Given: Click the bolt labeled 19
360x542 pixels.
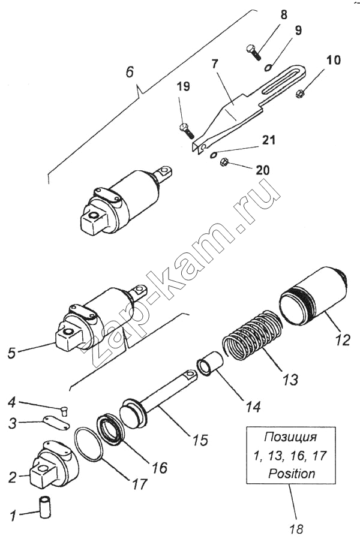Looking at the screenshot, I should (185, 128).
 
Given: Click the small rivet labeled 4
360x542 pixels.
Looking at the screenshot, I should (65, 410).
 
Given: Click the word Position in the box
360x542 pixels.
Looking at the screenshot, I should (292, 473).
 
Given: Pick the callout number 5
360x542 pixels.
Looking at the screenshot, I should (11, 353).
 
